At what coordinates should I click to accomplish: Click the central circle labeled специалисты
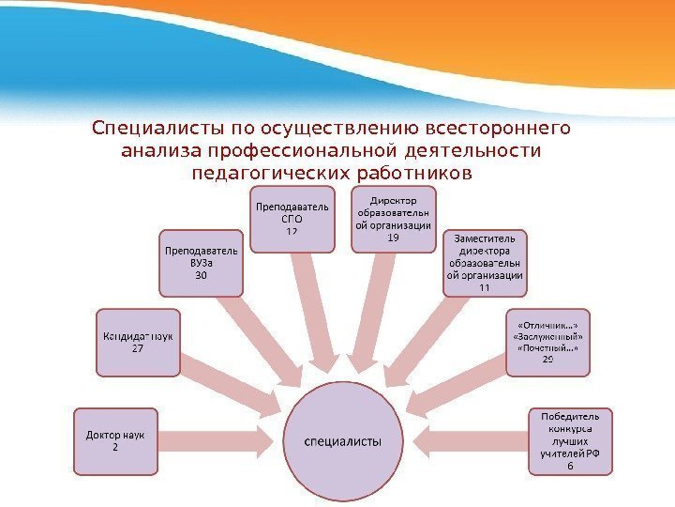(346, 441)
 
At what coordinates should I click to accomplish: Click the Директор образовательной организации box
(394, 219)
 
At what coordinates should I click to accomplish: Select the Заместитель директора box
(484, 262)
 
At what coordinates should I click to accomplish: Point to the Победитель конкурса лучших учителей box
(571, 441)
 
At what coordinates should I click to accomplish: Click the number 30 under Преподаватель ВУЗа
(201, 277)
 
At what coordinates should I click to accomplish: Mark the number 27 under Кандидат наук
(137, 349)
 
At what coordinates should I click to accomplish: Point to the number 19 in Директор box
(394, 238)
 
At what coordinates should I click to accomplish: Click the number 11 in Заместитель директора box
(484, 288)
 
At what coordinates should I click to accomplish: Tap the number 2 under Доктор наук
(115, 448)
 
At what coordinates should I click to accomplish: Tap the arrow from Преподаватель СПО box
(311, 310)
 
